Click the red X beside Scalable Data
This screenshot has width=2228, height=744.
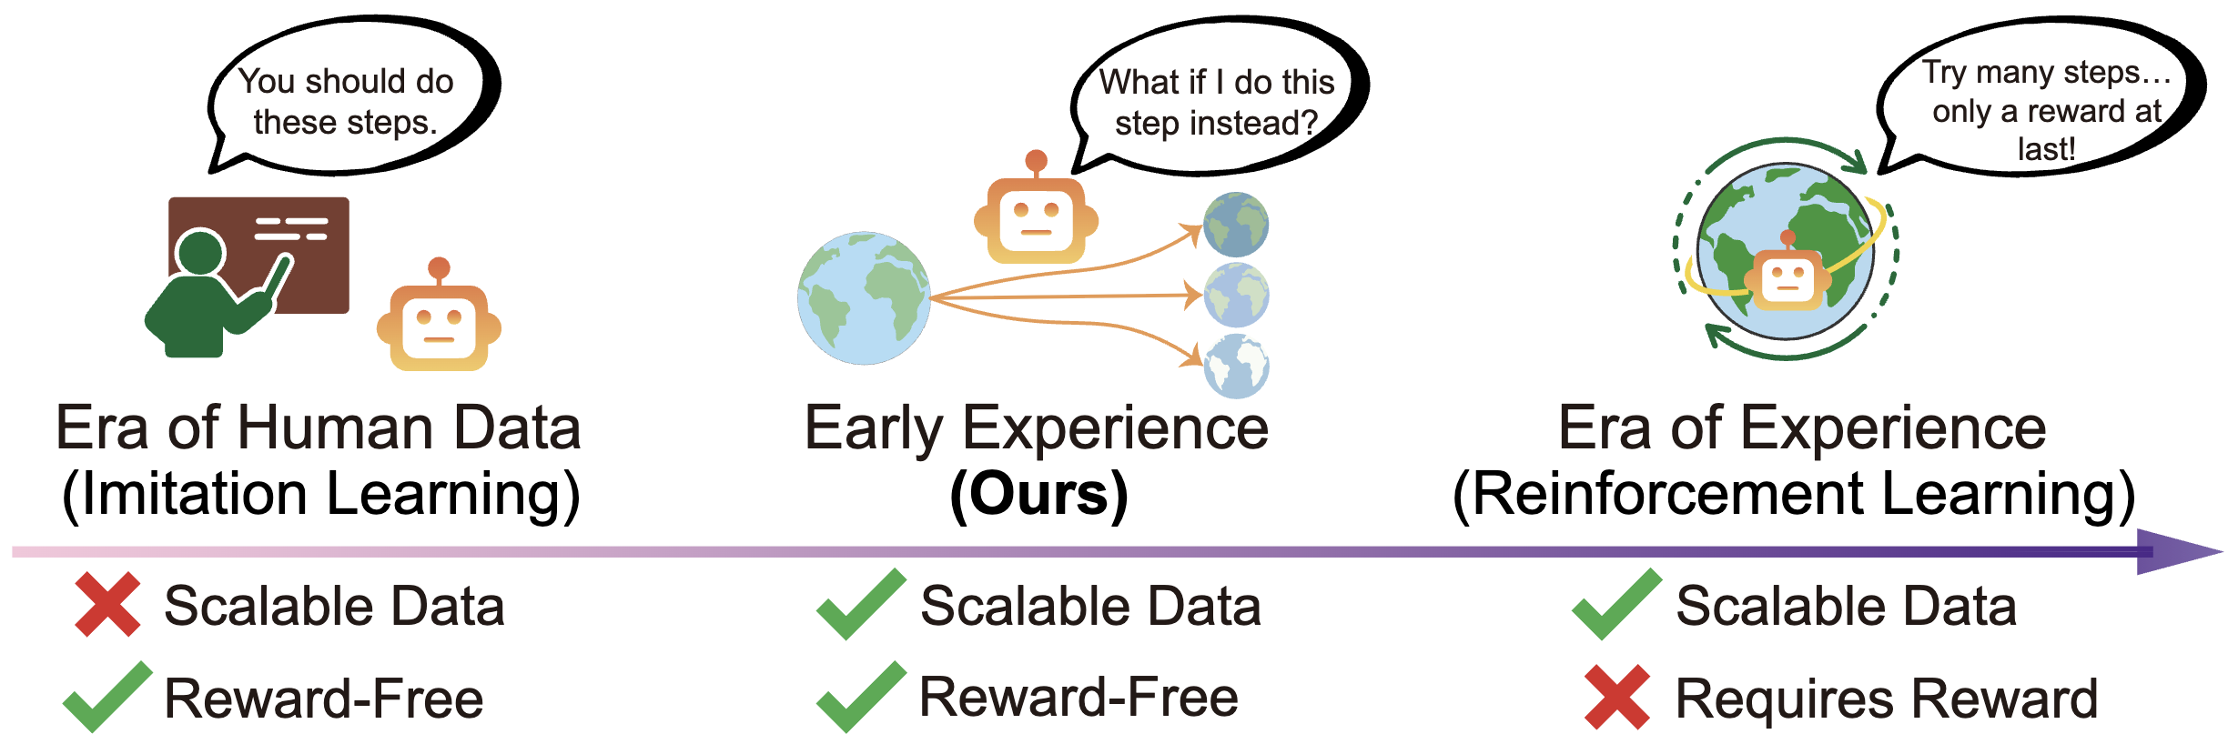coord(107,604)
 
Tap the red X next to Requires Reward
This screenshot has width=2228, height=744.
coord(1616,698)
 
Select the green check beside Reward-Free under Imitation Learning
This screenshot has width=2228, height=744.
coord(107,698)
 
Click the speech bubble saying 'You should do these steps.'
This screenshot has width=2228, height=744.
coord(350,100)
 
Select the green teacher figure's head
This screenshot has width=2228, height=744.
coord(199,252)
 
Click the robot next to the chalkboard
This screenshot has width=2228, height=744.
coord(439,323)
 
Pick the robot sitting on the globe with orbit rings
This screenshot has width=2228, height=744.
coord(1787,277)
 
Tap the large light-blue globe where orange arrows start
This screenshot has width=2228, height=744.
coord(864,298)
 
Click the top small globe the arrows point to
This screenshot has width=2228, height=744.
coord(1236,224)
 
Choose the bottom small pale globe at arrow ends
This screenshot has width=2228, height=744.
coord(1236,366)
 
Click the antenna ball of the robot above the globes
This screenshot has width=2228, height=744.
coord(1036,161)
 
